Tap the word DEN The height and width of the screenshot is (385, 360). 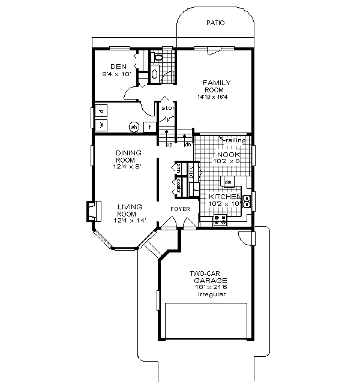coord(118,67)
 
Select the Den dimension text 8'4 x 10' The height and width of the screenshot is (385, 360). coord(117,74)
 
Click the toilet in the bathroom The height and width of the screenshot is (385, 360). coord(158,58)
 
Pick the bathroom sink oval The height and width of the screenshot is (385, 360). coord(154,74)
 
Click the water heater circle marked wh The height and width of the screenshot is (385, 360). coord(134,127)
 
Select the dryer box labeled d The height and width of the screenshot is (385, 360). coord(101,112)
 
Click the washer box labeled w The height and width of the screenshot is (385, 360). coord(101,125)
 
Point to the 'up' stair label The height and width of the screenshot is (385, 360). coord(169,145)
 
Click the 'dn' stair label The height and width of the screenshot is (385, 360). coord(187,145)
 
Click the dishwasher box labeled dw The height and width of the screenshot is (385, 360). coord(228,181)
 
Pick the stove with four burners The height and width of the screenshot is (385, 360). coord(220,220)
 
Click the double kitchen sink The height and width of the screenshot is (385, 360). coord(247,198)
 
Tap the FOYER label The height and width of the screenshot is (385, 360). coord(180,209)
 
